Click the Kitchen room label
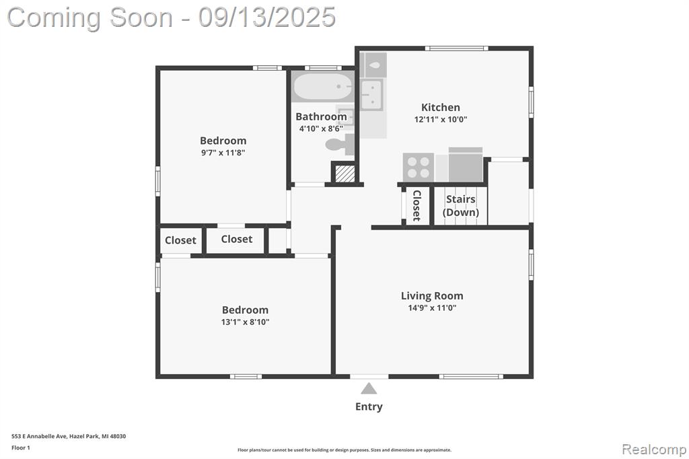440,107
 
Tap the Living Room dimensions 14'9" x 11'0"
432,308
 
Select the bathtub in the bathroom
322,87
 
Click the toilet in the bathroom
340,145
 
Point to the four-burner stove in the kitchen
419,168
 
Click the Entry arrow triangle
369,388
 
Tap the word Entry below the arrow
369,407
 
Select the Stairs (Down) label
460,206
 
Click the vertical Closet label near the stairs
417,205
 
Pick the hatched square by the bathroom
345,173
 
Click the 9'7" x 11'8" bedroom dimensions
223,153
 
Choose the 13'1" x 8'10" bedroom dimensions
245,322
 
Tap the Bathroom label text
321,116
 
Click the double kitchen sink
371,95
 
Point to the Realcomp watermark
654,449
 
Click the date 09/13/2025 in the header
266,17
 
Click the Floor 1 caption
21,448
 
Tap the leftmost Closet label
180,240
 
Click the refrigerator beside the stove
466,164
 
